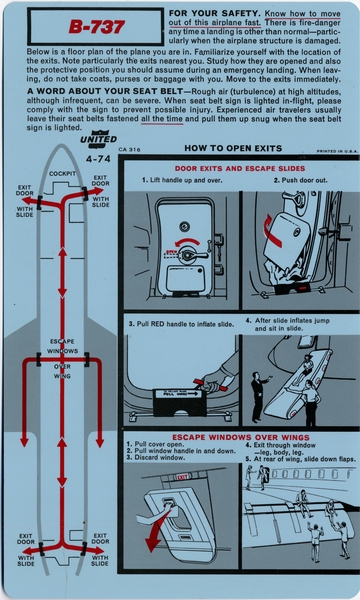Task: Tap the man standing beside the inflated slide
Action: (256, 391)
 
